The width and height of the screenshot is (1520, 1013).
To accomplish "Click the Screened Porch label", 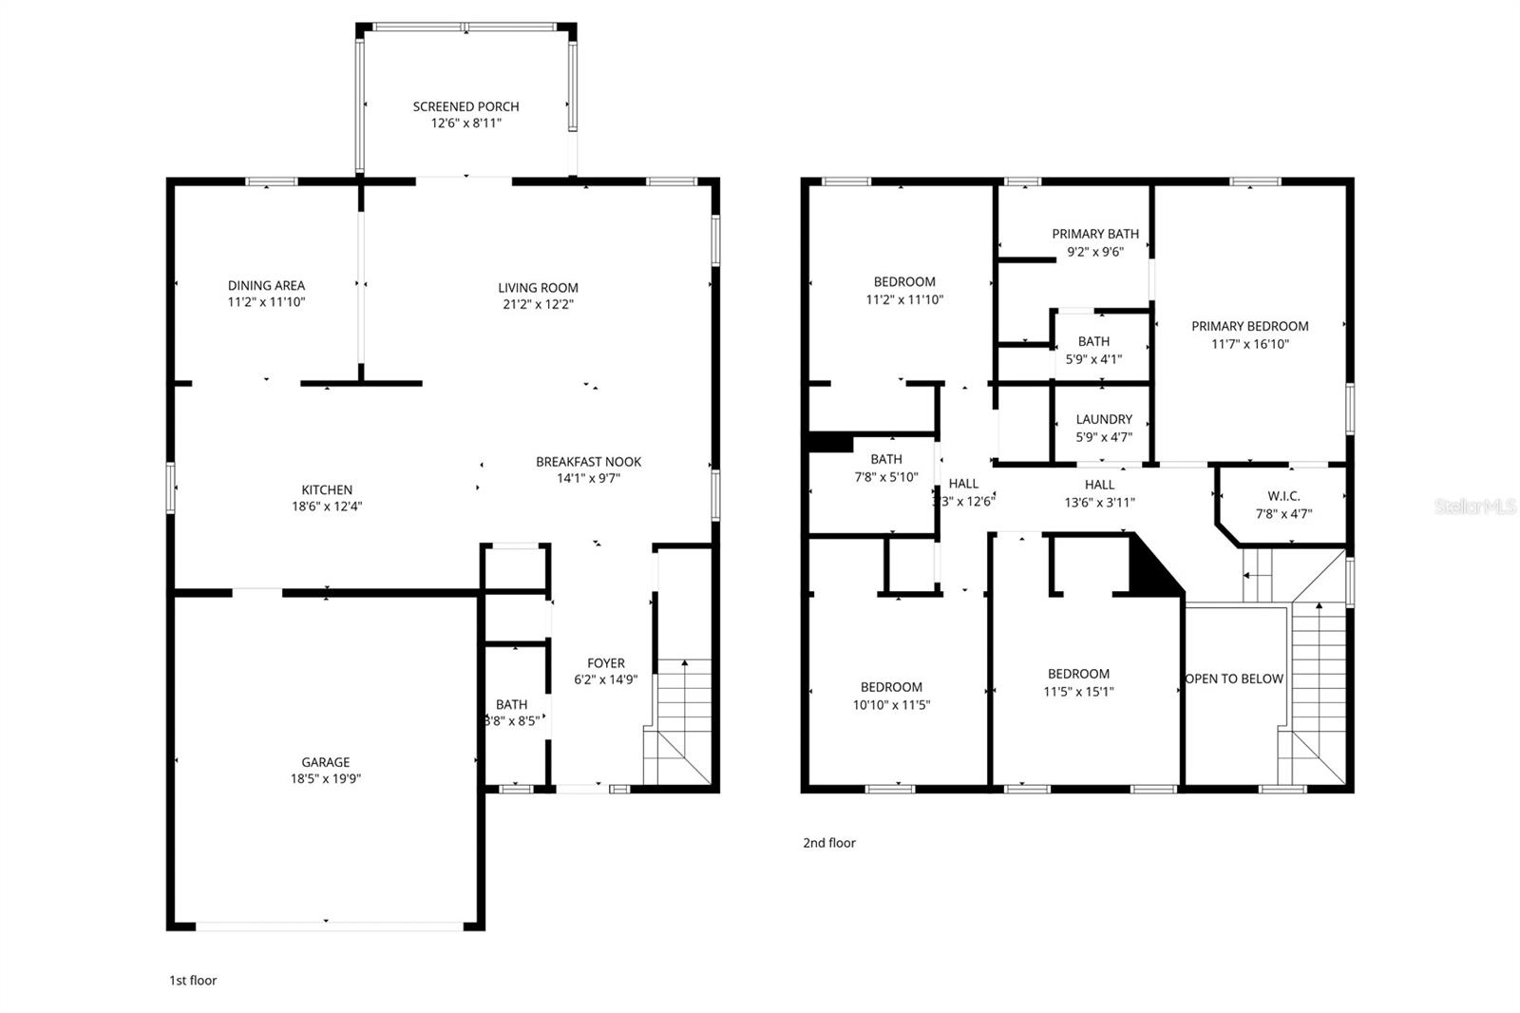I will point(465,106).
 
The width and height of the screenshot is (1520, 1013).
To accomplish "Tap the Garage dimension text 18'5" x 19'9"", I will point(326,778).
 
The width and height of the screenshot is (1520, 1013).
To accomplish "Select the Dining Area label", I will point(266,285).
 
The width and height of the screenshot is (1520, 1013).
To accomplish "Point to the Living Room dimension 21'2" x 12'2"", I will point(538,304).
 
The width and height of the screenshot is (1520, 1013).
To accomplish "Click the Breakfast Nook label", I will point(588,462).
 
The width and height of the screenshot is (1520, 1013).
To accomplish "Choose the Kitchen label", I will point(327,489).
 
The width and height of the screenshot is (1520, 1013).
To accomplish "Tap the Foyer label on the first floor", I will point(605,663).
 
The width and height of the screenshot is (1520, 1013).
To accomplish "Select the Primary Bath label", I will point(1094,234).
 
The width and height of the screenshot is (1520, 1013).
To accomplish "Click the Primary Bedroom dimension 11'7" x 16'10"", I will point(1249,344).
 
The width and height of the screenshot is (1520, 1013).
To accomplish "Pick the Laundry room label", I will point(1103,419).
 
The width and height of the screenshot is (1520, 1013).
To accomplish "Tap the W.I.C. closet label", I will point(1283,496).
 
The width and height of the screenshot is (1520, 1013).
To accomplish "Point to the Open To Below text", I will point(1234,679).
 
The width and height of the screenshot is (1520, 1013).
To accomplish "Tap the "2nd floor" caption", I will point(828,843).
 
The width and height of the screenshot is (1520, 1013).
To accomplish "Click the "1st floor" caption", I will point(192,980).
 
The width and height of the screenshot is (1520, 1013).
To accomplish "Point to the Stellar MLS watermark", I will point(1474,506).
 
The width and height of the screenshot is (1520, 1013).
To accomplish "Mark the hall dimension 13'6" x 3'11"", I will point(1099,503).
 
